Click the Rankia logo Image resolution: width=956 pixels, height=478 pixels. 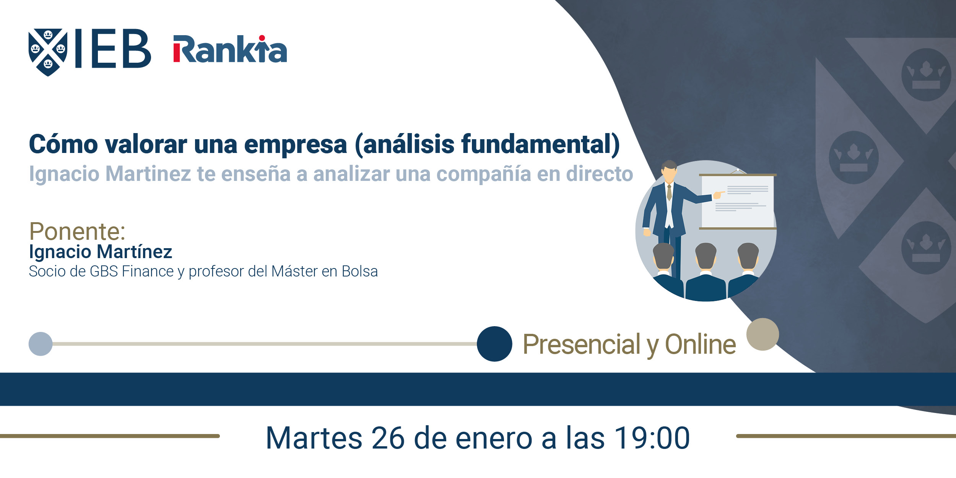230,49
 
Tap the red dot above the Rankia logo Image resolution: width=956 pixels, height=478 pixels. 262,38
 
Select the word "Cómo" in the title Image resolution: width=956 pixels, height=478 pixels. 63,144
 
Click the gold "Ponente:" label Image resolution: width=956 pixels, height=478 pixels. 77,231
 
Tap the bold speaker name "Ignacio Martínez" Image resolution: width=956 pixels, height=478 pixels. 101,252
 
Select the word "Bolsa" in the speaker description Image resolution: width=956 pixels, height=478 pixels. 359,272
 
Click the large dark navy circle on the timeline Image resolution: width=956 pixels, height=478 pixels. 494,344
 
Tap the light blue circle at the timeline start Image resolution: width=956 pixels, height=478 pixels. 41,344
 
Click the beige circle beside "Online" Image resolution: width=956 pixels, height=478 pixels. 763,334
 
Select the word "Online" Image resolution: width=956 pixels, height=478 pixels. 701,344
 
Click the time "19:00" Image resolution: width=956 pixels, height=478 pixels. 652,438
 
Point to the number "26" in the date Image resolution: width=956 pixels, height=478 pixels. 388,438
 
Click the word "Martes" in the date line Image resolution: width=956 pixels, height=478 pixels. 314,438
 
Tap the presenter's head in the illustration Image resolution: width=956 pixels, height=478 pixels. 669,172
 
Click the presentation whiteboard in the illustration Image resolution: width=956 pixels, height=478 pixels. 737,202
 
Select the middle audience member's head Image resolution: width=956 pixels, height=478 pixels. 706,256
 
